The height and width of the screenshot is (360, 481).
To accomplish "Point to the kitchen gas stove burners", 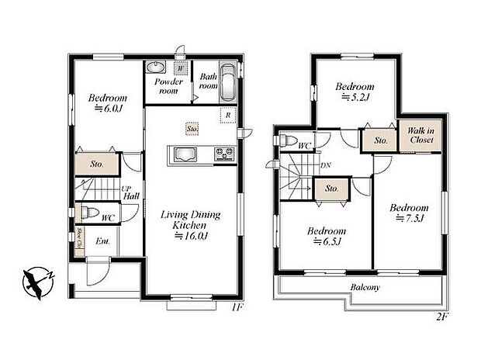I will pos(224,154).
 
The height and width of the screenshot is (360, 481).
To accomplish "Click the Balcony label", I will pos(365,288).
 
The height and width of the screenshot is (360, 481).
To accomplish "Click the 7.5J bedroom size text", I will pos(409,220).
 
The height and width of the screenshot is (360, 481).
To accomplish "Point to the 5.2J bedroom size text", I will pos(356,99).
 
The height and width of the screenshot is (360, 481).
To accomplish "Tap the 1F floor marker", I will pos(237,308).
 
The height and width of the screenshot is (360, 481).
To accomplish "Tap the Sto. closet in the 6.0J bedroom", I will pos(97,164).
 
